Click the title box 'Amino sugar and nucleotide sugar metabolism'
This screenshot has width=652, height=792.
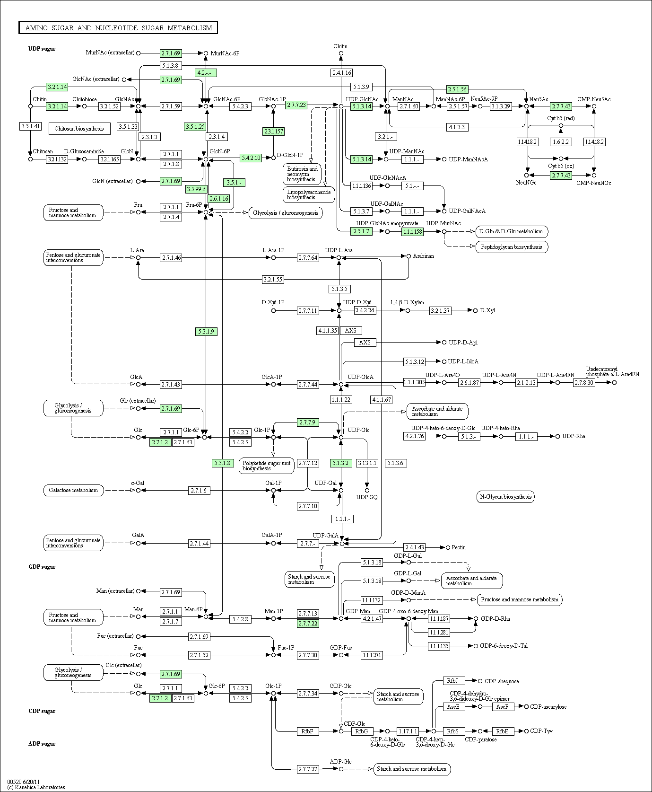[118, 28]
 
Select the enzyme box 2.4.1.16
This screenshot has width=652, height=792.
[342, 73]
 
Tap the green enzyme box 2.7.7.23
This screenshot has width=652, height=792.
[296, 105]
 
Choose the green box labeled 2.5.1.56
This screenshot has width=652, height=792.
[457, 89]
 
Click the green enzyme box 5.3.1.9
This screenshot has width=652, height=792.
[206, 332]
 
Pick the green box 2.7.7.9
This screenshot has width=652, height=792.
[308, 422]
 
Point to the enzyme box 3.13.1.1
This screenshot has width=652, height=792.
[367, 463]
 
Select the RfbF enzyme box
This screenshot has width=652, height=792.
[307, 731]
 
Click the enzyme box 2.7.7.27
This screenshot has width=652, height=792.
[308, 769]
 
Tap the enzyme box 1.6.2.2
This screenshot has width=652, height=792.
[561, 141]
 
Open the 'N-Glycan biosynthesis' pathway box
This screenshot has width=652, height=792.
[505, 497]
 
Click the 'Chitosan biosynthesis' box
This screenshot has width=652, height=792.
[79, 129]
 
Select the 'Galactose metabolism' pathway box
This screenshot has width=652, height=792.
[73, 490]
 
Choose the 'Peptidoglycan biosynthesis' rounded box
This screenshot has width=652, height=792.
[512, 247]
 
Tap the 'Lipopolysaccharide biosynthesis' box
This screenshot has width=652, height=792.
[309, 194]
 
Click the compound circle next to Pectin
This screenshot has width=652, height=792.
[448, 547]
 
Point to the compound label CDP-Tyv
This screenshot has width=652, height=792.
[541, 731]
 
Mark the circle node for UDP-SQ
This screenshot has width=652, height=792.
[367, 490]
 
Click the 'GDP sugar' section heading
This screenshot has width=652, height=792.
[42, 567]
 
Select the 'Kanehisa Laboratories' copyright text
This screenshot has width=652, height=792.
[36, 787]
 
